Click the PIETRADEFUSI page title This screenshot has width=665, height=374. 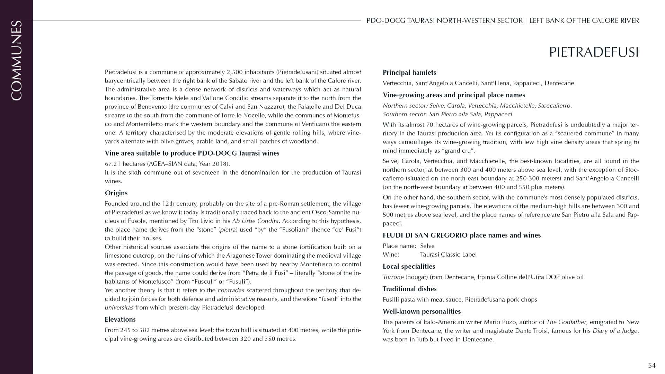(x=594, y=52)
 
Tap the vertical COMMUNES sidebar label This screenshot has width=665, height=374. (x=16, y=61)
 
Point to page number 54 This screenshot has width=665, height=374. (x=652, y=365)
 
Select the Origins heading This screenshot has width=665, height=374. (x=116, y=193)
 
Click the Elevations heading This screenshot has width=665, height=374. (x=120, y=319)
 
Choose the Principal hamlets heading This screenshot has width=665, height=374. (x=409, y=72)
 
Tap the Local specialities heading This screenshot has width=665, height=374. (x=409, y=266)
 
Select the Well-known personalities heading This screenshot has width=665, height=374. (x=422, y=311)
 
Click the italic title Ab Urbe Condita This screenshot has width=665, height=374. (x=255, y=221)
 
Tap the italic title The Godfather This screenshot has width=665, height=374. (x=566, y=322)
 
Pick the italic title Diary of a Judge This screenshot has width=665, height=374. (x=615, y=331)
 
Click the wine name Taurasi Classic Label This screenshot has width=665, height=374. (x=448, y=255)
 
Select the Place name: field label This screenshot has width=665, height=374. (x=399, y=246)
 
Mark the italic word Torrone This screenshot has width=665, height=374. (x=393, y=277)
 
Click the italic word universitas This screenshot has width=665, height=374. (x=119, y=308)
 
